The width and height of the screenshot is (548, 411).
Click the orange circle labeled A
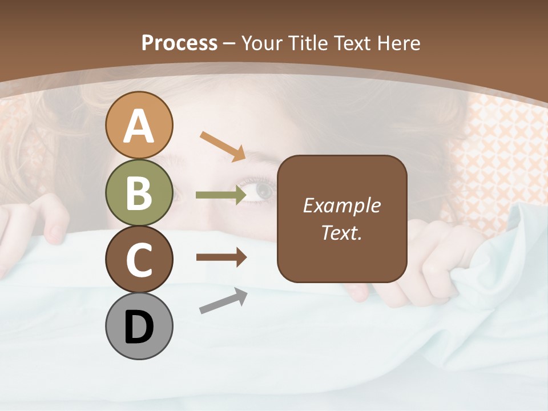point(139,125)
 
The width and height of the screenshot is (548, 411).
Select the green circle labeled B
point(139,192)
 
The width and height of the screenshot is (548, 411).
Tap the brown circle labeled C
point(139,259)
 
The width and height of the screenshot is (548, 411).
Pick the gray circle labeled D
point(139,326)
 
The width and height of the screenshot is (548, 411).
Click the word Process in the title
point(179,43)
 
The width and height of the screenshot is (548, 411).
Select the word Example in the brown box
point(342,205)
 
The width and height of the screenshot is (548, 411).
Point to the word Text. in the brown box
point(342,232)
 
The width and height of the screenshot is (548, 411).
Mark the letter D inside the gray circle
point(139,327)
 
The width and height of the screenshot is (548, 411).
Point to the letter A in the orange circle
point(139,127)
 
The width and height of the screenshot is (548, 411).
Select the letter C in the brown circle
point(139,260)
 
